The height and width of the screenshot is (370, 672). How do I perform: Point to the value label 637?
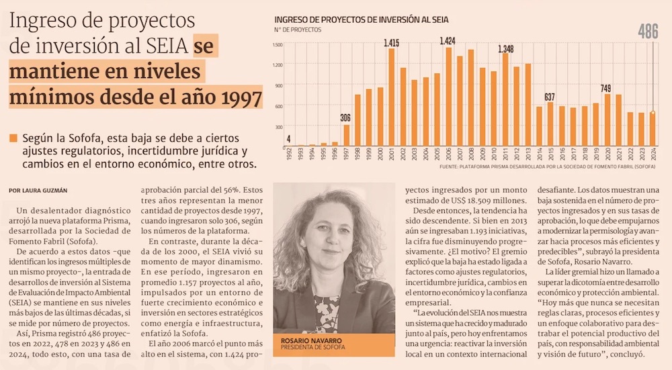[x=550, y=97]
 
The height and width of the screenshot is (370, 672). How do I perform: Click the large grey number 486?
[x=647, y=32]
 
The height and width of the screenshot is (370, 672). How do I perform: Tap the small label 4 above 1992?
[x=288, y=140]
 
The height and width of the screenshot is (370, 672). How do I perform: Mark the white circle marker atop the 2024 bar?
[x=653, y=113]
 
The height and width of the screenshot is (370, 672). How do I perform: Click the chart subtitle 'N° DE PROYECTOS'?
[x=298, y=30]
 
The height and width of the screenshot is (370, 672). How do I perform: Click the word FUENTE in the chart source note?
[x=450, y=164]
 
